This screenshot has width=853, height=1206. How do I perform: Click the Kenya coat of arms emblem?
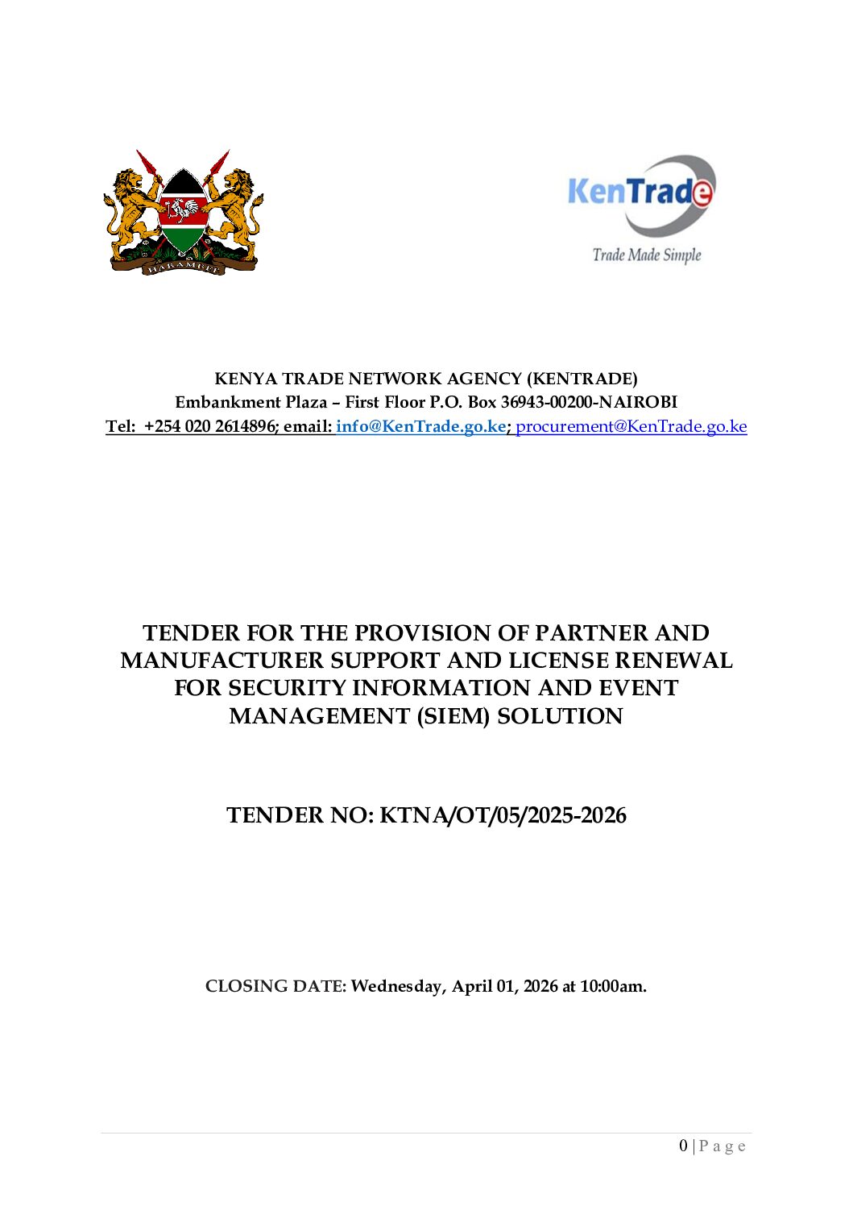(184, 213)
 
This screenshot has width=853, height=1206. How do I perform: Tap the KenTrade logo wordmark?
(640, 192)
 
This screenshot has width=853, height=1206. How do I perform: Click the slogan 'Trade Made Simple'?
(647, 255)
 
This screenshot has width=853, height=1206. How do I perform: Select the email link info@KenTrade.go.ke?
(420, 426)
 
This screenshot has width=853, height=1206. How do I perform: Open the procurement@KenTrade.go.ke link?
(631, 426)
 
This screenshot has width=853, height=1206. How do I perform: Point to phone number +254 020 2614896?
(210, 426)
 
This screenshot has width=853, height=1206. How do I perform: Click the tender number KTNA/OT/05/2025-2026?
(503, 815)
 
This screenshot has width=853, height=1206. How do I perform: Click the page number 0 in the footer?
(684, 1146)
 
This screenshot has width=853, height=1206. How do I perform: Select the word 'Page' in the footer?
(723, 1146)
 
